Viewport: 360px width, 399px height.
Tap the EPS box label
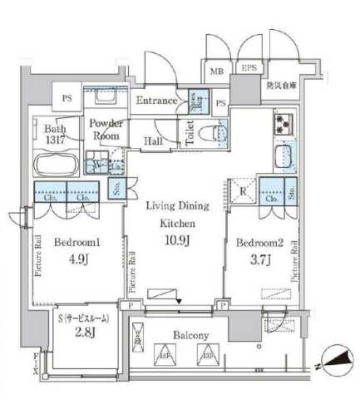point(248,71)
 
